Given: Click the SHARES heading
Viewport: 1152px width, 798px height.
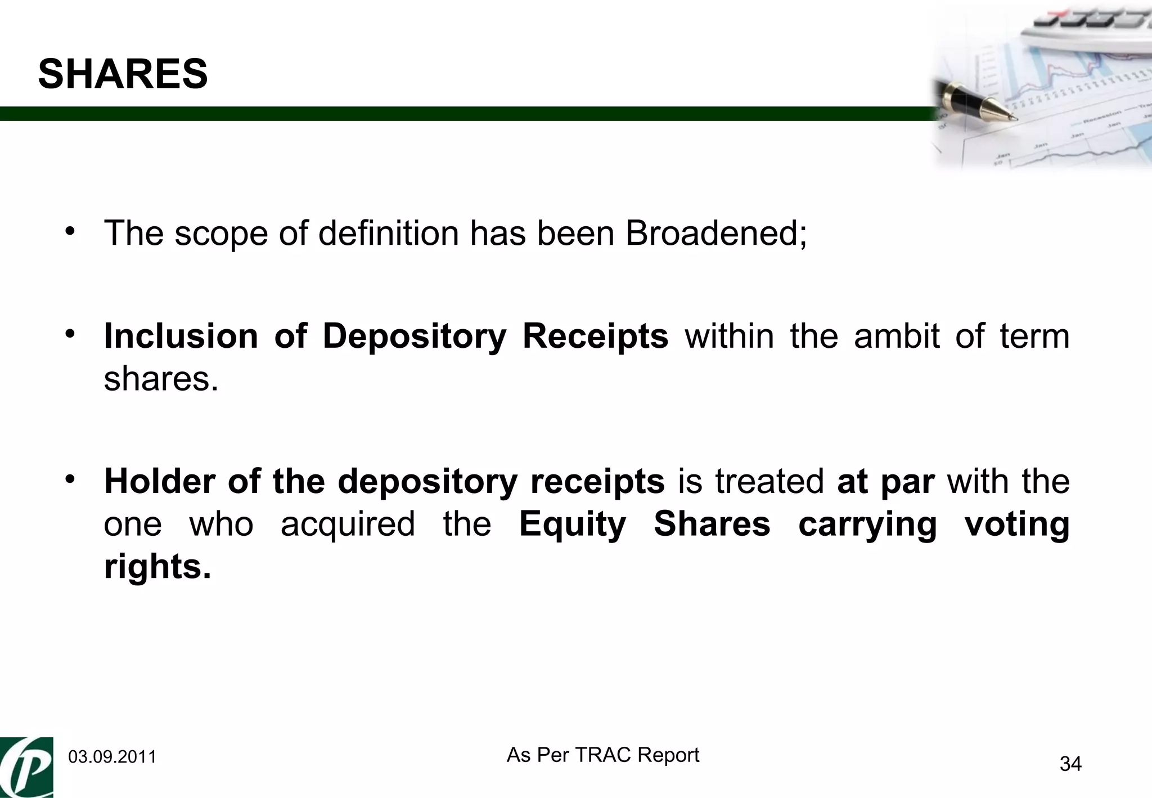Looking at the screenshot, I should [x=123, y=74].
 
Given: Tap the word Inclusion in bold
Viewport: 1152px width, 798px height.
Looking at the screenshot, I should [x=181, y=336].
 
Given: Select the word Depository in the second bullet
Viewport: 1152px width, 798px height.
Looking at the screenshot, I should [x=415, y=336].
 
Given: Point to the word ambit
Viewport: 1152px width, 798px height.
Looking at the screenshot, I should [x=897, y=336].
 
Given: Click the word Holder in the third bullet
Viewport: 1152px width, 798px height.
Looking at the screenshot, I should [x=159, y=482].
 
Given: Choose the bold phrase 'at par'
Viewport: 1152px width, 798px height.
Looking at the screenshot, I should [x=886, y=482].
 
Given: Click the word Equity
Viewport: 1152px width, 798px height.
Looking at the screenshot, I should [x=572, y=524].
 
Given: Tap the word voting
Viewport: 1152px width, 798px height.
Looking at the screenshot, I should [x=1017, y=524].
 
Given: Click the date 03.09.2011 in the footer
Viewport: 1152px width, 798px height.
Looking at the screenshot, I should [x=112, y=757].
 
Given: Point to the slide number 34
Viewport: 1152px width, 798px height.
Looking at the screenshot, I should [x=1070, y=764].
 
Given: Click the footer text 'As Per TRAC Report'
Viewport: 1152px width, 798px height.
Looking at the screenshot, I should [x=602, y=755].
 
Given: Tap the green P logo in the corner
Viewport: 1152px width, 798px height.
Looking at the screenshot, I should [x=27, y=767].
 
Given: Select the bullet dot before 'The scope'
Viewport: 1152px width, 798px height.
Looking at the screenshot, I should [x=70, y=232].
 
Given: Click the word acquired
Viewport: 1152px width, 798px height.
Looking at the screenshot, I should [x=347, y=524].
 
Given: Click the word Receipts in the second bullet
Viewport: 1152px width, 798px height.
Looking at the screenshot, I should [x=595, y=336].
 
